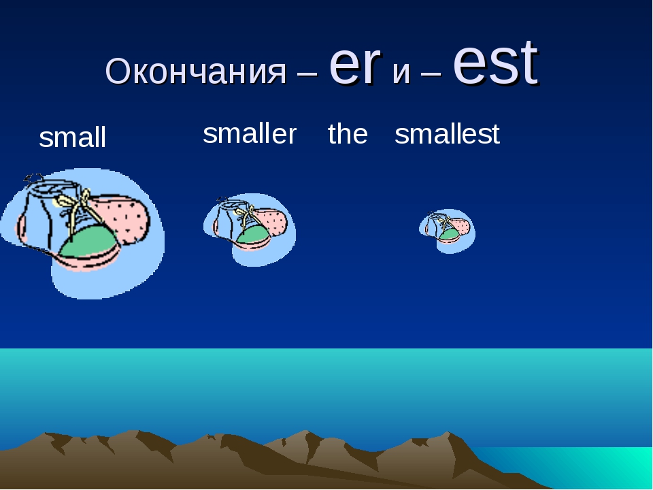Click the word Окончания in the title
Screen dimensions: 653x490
pyautogui.click(x=196, y=71)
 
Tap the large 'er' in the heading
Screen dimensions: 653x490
pyautogui.click(x=355, y=65)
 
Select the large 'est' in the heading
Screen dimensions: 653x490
pyautogui.click(x=496, y=63)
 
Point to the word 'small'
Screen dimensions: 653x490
pyautogui.click(x=73, y=137)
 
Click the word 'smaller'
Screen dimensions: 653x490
pyautogui.click(x=250, y=134)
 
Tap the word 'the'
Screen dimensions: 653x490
pyautogui.click(x=348, y=134)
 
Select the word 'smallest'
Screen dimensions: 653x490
pyautogui.click(x=447, y=134)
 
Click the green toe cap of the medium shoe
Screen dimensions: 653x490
pyautogui.click(x=252, y=235)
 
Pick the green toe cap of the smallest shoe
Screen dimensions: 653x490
pyautogui.click(x=449, y=235)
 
